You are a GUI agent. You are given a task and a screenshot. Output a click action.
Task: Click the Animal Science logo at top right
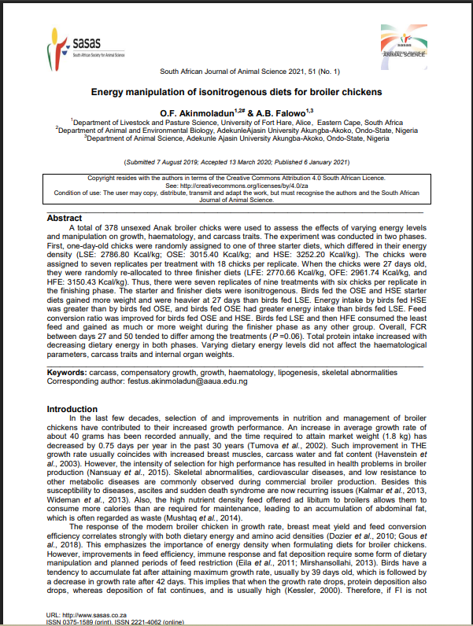[x=406, y=40]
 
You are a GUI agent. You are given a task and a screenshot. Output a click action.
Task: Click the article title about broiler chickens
[x=237, y=91]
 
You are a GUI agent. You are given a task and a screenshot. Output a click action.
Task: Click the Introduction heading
[x=73, y=409]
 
